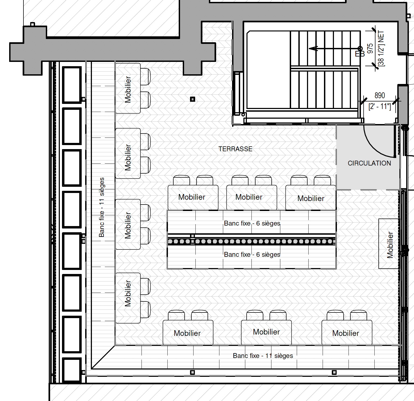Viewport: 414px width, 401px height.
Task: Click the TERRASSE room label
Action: (235, 149)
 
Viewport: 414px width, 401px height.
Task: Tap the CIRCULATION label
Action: (369, 163)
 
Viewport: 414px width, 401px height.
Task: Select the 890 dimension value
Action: (380, 95)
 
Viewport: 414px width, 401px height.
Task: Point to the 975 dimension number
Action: (370, 48)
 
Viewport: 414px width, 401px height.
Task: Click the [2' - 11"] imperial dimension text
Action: (379, 107)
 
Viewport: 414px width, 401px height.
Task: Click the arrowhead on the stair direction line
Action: (313, 49)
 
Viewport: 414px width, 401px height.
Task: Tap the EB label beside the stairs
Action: (360, 54)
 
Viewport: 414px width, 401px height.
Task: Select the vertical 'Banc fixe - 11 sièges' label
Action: (102, 207)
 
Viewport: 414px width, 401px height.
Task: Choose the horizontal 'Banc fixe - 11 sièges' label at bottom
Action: (263, 356)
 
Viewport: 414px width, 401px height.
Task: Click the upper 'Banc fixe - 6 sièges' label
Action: (252, 223)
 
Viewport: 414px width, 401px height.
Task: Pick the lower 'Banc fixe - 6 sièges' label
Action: (252, 255)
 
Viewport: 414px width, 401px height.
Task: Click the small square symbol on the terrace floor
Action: (192, 99)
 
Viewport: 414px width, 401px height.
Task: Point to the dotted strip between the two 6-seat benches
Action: (251, 241)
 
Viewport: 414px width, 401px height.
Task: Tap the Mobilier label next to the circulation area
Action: (311, 198)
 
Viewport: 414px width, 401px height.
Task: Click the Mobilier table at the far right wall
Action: (388, 244)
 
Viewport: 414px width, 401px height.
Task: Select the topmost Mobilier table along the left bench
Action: (128, 88)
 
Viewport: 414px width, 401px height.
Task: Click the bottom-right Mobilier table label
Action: (346, 333)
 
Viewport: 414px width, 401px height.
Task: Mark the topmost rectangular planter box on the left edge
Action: (72, 85)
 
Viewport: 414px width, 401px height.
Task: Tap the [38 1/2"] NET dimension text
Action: (381, 48)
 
